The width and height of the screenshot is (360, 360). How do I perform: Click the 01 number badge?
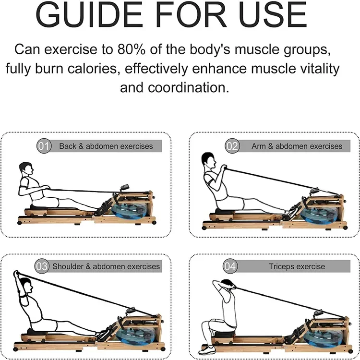click(x=44, y=146)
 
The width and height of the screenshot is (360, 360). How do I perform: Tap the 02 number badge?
click(x=232, y=146)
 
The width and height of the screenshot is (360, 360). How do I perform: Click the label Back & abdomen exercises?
click(x=106, y=146)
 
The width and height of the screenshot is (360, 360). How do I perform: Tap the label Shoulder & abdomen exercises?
click(x=106, y=265)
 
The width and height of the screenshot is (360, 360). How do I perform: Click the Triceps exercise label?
click(x=297, y=266)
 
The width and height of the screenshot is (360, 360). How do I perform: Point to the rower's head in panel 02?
click(x=207, y=159)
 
